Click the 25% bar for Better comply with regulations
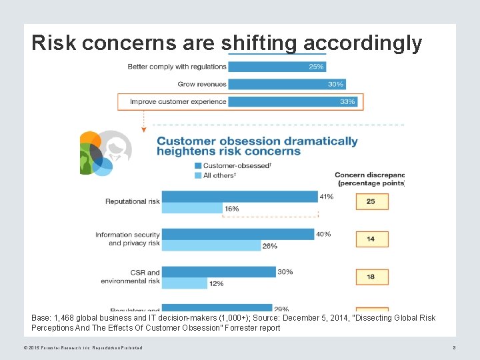276,67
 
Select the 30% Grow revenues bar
287,84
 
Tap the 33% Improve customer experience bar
293,101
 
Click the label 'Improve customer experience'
178,101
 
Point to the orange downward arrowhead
143,129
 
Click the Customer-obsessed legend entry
231,165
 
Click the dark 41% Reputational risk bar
239,197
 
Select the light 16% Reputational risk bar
192,209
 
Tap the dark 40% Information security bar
237,234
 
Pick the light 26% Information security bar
211,245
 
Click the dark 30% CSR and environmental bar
219,272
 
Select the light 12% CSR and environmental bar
185,283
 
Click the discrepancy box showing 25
371,201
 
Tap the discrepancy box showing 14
371,239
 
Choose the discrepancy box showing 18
371,277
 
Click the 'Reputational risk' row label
132,201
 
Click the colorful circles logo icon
104,153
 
